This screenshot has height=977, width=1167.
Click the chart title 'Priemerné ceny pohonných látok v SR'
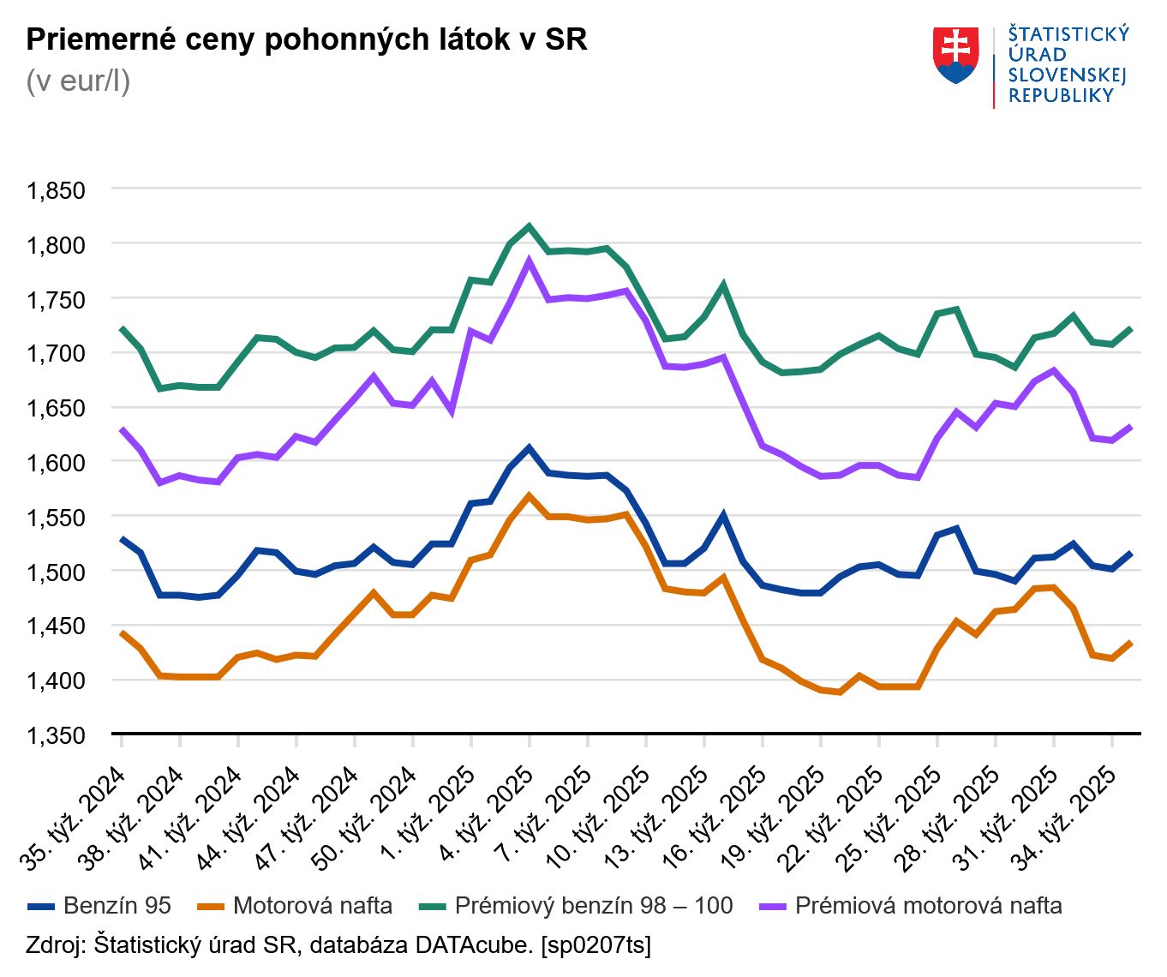pyautogui.click(x=307, y=39)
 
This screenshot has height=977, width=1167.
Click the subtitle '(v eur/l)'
pyautogui.click(x=78, y=81)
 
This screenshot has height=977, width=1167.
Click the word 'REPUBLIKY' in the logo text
pyautogui.click(x=1061, y=96)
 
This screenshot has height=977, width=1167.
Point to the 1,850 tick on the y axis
pyautogui.click(x=57, y=190)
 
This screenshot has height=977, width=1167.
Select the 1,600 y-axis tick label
pyautogui.click(x=57, y=463)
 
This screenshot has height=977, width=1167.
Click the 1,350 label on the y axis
pyautogui.click(x=57, y=735)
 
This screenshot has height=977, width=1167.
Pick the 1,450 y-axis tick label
pyautogui.click(x=57, y=626)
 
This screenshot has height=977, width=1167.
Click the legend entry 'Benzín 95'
pyautogui.click(x=117, y=906)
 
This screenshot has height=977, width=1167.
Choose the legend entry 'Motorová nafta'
pyautogui.click(x=312, y=906)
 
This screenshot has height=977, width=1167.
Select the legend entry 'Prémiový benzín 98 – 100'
pyautogui.click(x=593, y=906)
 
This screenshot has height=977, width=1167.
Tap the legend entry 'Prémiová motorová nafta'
pyautogui.click(x=928, y=906)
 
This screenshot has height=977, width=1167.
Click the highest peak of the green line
pyautogui.click(x=529, y=227)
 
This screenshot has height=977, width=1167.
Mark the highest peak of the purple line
pyautogui.click(x=529, y=261)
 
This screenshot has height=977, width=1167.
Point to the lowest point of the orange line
pyautogui.click(x=840, y=692)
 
